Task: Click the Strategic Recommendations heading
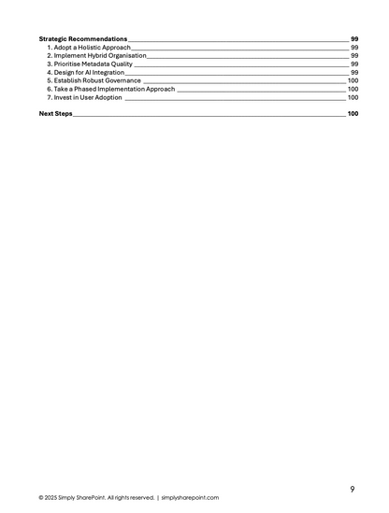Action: [x=83, y=38]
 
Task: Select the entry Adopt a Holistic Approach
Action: [x=89, y=47]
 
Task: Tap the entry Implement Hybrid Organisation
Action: [x=96, y=55]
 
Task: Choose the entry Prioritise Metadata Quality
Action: [x=90, y=64]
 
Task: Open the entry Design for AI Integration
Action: [x=87, y=72]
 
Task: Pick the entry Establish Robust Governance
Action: [x=94, y=80]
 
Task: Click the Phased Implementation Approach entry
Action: [x=110, y=89]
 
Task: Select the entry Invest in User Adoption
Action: [x=84, y=97]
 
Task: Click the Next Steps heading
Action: [x=55, y=113]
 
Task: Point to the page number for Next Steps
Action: [x=353, y=113]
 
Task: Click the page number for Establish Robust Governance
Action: [x=353, y=80]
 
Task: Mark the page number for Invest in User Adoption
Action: [x=353, y=97]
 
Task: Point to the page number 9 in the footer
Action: [x=352, y=489]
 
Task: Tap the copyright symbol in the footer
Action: [x=41, y=498]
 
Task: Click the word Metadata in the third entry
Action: [x=99, y=64]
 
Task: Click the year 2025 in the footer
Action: [x=53, y=498]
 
